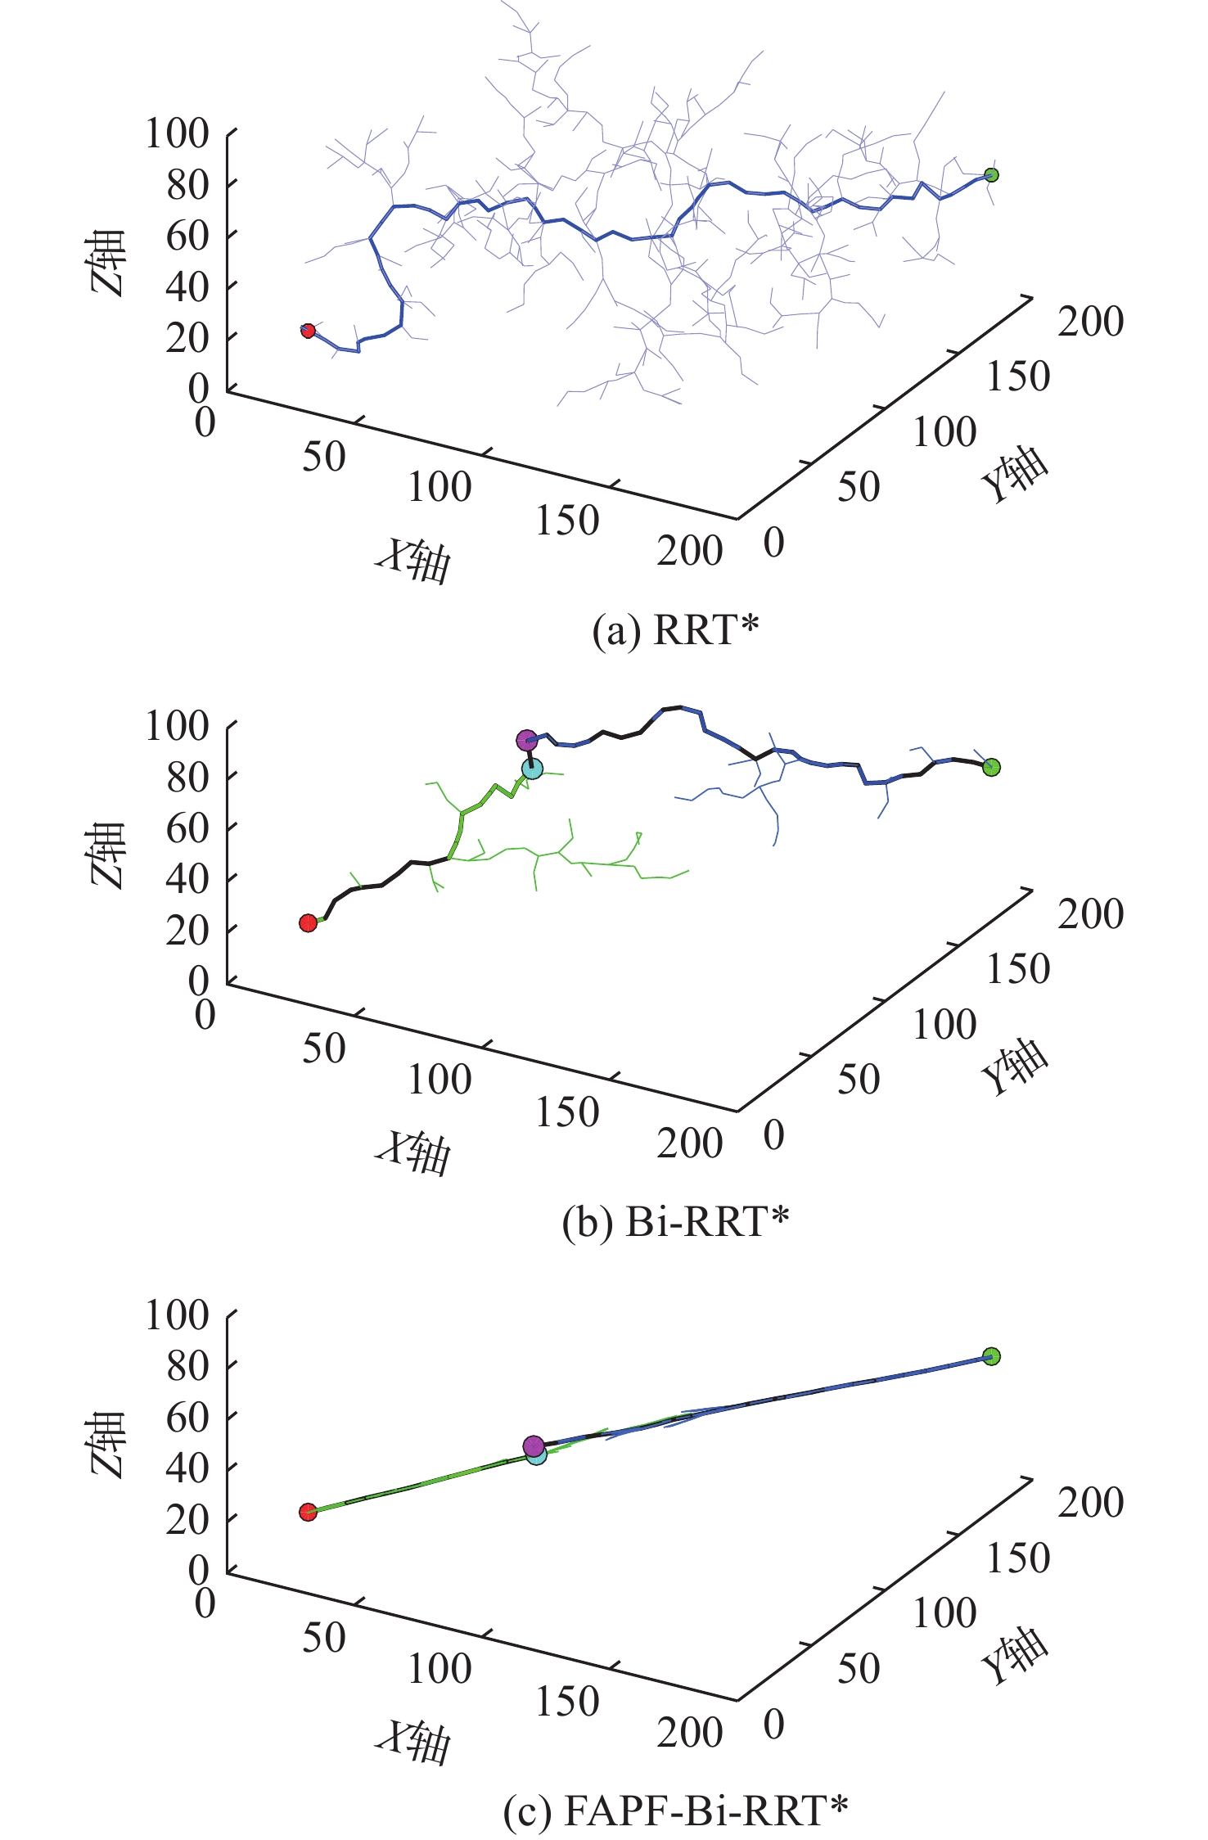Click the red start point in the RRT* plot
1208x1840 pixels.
tap(308, 331)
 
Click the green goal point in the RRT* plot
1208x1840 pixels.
tap(991, 174)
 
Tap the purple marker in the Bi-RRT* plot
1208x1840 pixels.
tap(526, 740)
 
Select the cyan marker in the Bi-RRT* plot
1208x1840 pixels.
tap(532, 769)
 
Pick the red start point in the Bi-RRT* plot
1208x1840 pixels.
tap(308, 922)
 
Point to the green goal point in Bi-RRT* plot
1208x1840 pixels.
tap(991, 767)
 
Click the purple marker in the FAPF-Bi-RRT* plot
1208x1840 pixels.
tap(534, 1446)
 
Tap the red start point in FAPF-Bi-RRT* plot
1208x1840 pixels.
tap(308, 1512)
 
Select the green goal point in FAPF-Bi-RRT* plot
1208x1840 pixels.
tap(991, 1356)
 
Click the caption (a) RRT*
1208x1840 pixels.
tap(675, 630)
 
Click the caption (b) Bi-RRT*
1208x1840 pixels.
tap(675, 1222)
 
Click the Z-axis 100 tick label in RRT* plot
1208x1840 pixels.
tap(177, 133)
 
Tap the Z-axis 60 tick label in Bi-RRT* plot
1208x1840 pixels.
tap(187, 828)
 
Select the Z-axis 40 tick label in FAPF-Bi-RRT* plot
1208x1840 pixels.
tap(187, 1468)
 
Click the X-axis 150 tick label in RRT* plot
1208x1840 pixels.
tap(567, 521)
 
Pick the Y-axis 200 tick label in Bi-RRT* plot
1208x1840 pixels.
tap(1090, 913)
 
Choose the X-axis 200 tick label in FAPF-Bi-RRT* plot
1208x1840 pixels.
tap(689, 1732)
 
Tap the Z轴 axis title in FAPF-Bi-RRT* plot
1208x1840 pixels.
tap(107, 1444)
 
